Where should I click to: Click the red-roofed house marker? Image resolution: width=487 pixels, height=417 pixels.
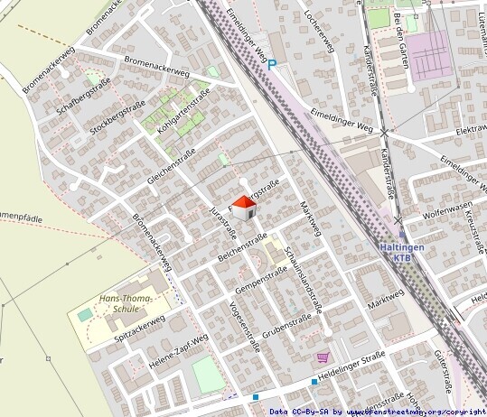coord(244,208)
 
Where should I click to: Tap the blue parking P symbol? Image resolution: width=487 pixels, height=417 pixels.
coord(272,64)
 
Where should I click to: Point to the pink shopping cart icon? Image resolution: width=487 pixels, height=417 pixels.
coord(323,358)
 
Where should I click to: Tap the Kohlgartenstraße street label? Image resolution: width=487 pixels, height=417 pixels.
coord(183,115)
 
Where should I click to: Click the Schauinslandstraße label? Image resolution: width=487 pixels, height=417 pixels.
coord(303,280)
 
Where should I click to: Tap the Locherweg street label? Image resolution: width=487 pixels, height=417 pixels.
coord(320,30)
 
